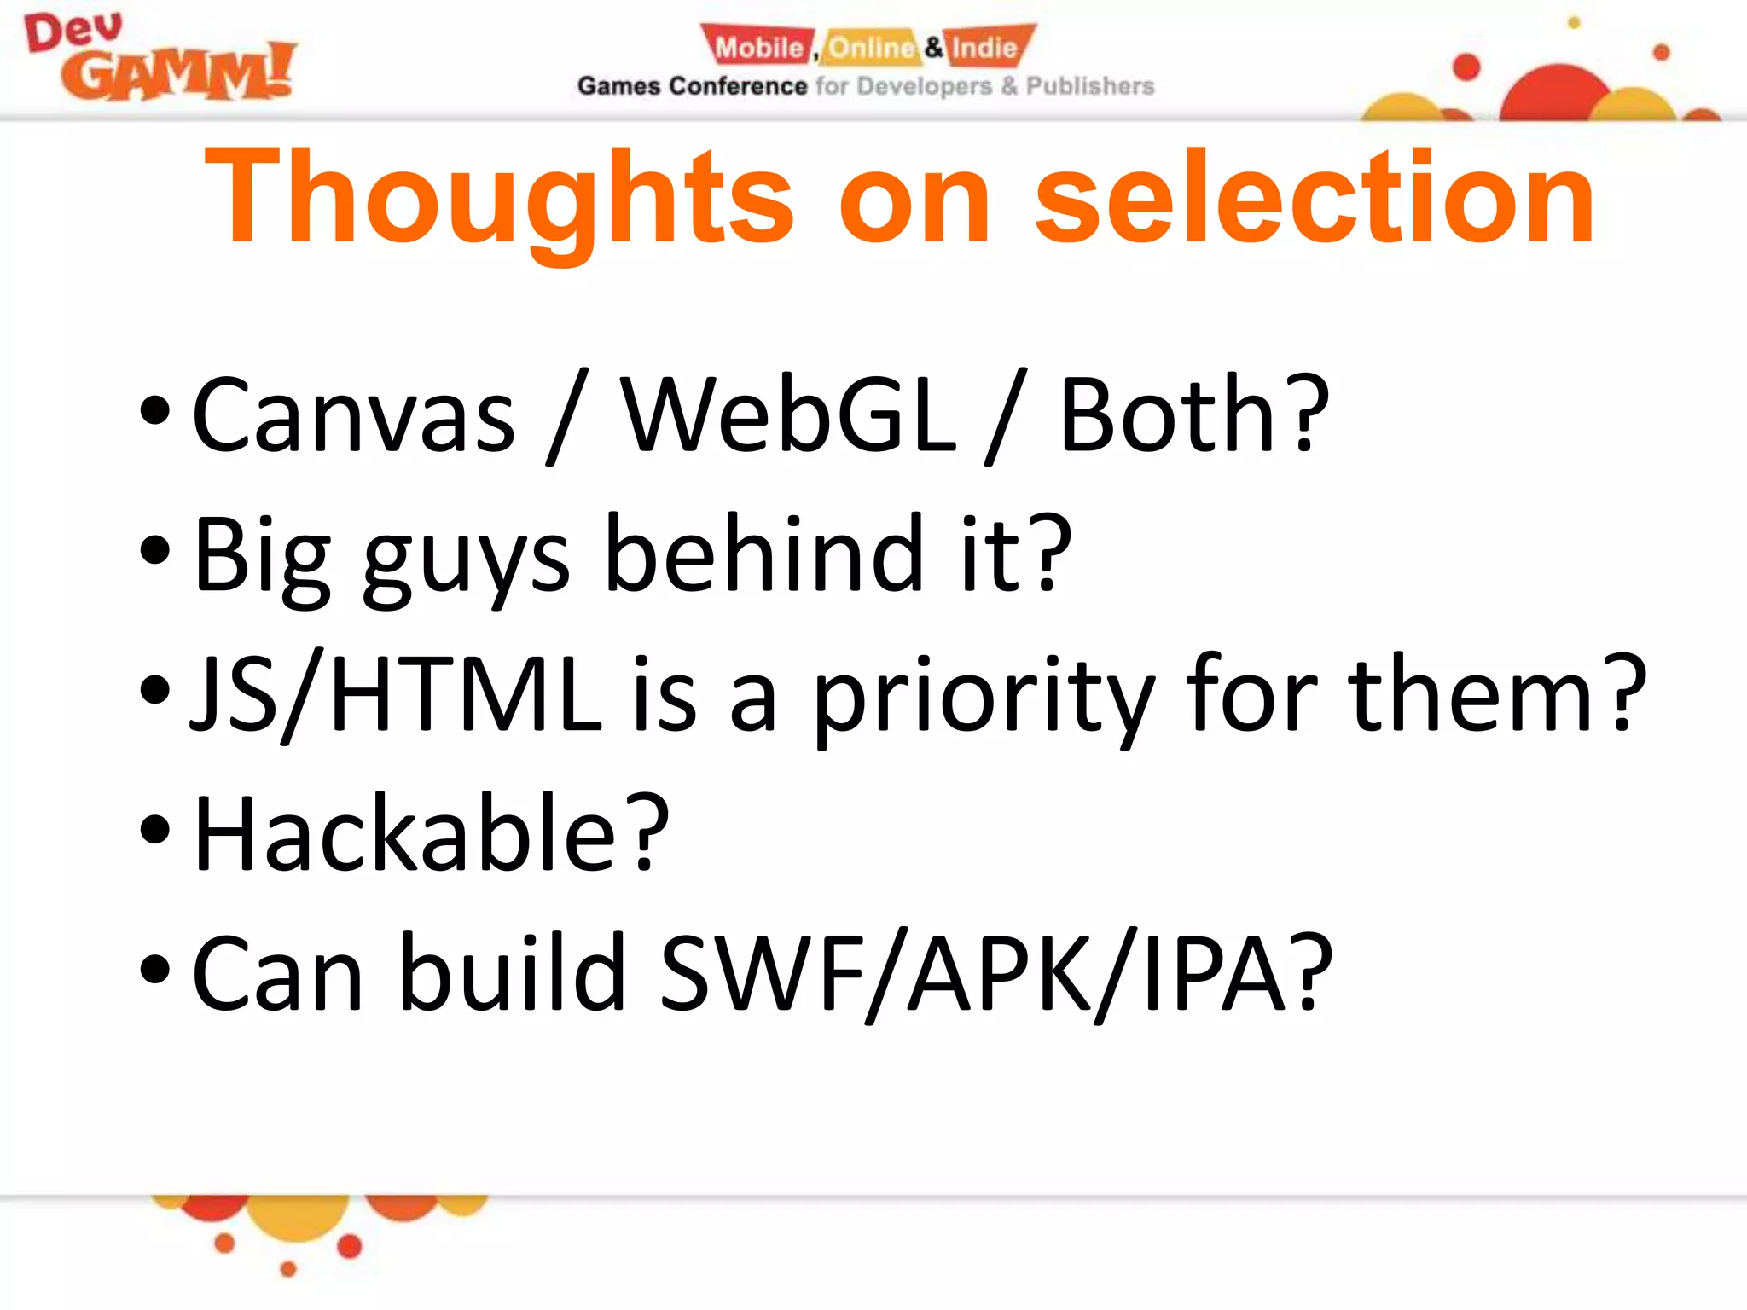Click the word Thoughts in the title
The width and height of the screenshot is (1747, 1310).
click(499, 198)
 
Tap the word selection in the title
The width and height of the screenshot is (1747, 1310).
click(1314, 198)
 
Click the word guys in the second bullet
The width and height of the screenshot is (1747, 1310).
click(466, 559)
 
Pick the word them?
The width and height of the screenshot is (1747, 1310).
click(1497, 695)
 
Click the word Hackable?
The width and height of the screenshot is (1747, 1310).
click(432, 834)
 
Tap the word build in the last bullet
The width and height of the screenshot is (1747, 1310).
click(513, 972)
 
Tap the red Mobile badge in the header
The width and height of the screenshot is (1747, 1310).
click(757, 47)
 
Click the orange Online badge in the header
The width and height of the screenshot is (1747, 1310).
click(870, 47)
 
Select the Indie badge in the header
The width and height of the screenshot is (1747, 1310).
click(986, 47)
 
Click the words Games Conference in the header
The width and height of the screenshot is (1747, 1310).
click(692, 86)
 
